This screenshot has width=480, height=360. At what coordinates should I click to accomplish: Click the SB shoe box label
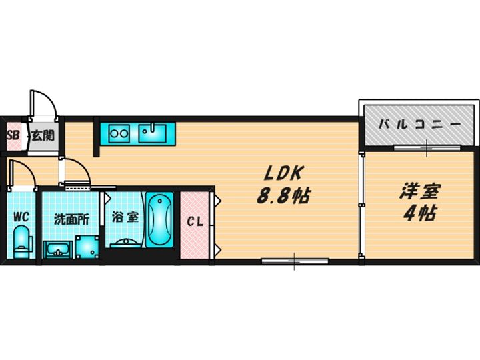[13, 135]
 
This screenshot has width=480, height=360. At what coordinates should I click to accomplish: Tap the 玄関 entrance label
[43, 135]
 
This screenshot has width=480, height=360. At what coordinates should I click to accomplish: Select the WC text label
[21, 217]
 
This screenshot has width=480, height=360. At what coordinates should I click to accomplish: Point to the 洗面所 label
[71, 219]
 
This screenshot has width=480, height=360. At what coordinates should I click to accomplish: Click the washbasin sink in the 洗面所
[58, 249]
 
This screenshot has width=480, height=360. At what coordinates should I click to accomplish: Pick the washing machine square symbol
[87, 247]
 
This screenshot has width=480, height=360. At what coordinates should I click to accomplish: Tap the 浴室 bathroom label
[125, 217]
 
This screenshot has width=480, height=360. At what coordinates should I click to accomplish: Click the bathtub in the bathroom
[159, 219]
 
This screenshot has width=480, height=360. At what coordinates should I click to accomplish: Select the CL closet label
[195, 221]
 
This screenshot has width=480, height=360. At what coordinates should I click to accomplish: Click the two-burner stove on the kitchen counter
[119, 133]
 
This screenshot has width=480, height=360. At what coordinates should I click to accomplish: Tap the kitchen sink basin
[152, 133]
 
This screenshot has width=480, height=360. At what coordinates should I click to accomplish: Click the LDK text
[283, 174]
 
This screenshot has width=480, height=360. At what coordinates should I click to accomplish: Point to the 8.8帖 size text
[283, 195]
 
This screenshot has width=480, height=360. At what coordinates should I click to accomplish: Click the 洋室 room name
[420, 191]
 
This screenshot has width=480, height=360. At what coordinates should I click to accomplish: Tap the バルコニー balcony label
[420, 125]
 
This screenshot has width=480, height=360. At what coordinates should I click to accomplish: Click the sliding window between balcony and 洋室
[427, 148]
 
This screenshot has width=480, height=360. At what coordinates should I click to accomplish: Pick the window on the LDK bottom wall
[295, 261]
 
